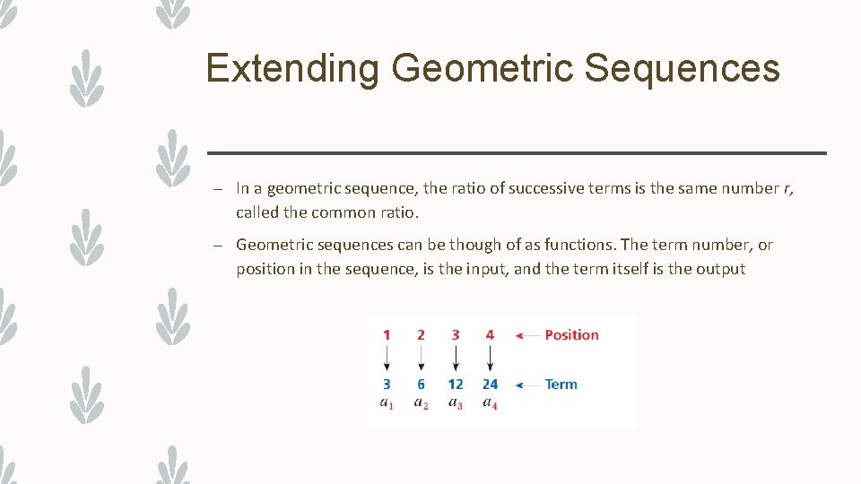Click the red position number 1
387,335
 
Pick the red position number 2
421,335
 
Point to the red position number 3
456,335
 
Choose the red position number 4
490,335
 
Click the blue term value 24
490,385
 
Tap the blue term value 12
456,385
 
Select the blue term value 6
421,385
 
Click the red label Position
571,335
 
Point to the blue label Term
561,385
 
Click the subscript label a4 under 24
490,403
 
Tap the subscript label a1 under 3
387,403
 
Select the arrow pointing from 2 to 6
421,359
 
